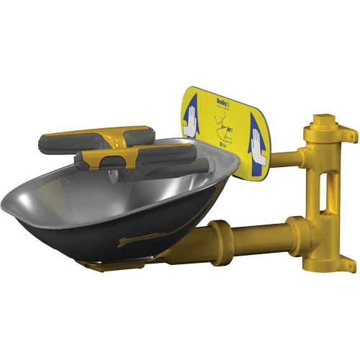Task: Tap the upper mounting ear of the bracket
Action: pyautogui.click(x=349, y=132)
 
